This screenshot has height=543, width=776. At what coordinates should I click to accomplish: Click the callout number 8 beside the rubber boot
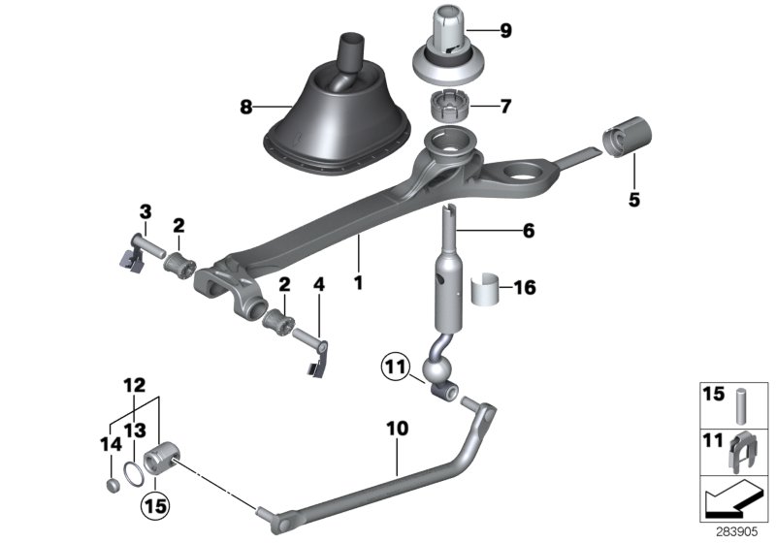[x=245, y=107]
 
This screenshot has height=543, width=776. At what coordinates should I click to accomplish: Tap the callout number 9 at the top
[x=504, y=30]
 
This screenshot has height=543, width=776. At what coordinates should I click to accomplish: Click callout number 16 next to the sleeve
[x=523, y=288]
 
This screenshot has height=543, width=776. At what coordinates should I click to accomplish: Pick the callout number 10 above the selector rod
[x=398, y=428]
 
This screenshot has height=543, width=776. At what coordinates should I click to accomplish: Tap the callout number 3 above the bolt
[x=145, y=210]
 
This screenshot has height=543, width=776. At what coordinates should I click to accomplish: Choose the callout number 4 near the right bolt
[x=317, y=285]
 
